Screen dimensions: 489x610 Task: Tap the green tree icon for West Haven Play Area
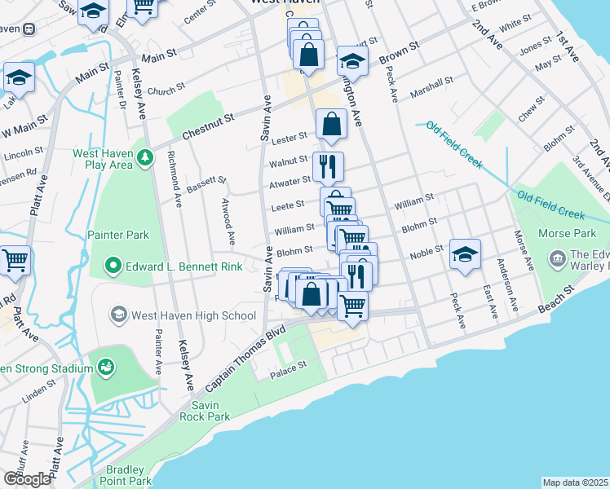pyautogui.click(x=145, y=156)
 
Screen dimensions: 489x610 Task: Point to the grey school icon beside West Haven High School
pyautogui.click(x=119, y=315)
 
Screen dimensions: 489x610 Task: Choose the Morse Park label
pyautogui.click(x=563, y=233)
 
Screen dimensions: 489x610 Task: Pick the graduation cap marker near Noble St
pyautogui.click(x=465, y=254)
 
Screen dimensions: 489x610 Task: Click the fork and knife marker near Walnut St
pyautogui.click(x=328, y=166)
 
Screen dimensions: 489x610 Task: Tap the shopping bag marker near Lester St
pyautogui.click(x=331, y=125)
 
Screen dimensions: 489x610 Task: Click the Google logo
pyautogui.click(x=27, y=478)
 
